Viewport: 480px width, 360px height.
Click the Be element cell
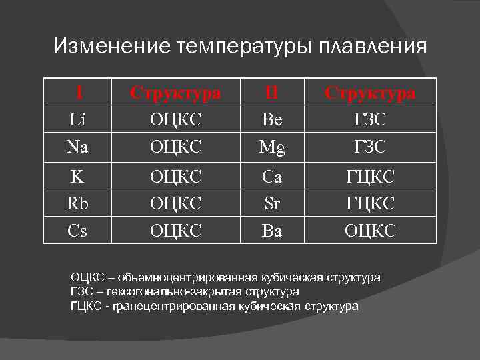[x=272, y=119]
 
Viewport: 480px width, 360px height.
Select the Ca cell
[x=272, y=177]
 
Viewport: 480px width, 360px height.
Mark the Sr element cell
[x=272, y=203]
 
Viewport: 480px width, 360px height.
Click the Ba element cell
[x=272, y=230]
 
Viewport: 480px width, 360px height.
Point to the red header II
[x=272, y=93]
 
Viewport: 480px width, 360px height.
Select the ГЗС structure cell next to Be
[x=370, y=119]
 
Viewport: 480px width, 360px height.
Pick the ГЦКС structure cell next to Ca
[x=370, y=177]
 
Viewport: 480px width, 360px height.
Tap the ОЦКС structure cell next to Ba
[x=370, y=230]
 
